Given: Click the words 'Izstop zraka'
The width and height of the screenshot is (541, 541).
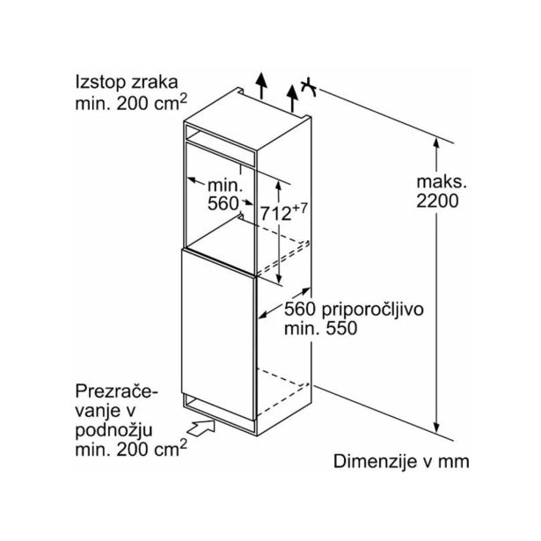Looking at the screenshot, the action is point(127,83).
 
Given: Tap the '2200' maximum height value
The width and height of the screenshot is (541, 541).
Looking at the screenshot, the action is point(437,201).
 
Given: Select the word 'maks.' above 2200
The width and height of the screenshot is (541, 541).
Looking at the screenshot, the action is point(442,182).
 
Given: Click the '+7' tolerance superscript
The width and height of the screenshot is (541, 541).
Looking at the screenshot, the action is point(299,208).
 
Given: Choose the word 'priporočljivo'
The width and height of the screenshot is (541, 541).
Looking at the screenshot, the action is point(372,311).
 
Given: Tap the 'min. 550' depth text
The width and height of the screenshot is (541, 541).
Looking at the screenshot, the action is point(320,328).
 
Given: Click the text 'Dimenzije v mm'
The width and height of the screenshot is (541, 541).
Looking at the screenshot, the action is point(401,461).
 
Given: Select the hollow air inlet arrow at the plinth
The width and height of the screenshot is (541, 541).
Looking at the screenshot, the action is point(201,428).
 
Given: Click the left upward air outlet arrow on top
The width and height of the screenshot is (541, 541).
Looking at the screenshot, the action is point(262,85).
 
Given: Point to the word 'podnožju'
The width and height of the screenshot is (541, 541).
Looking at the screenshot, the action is point(113,431).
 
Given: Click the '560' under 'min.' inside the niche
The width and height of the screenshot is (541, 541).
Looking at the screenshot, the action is point(223,204).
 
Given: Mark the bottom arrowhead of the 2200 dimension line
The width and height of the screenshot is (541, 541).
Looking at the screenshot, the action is point(436,428).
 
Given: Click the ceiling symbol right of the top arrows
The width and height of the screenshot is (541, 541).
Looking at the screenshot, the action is point(309,87).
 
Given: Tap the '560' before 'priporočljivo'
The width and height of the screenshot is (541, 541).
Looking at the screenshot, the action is point(300,309).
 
